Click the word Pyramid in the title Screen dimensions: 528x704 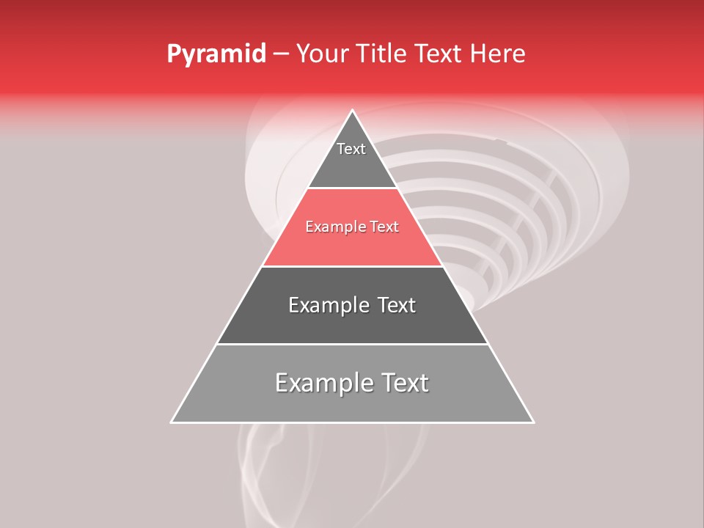(216, 54)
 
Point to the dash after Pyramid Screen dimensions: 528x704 (280, 54)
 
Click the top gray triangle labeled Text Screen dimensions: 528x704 (352, 165)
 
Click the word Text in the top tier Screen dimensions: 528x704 (351, 149)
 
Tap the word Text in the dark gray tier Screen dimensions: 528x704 (397, 305)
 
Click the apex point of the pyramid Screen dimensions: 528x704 (353, 111)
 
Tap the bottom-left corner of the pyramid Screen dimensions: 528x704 (172, 422)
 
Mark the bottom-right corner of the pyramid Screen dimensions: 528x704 (532, 422)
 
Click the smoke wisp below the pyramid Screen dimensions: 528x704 (257, 469)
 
